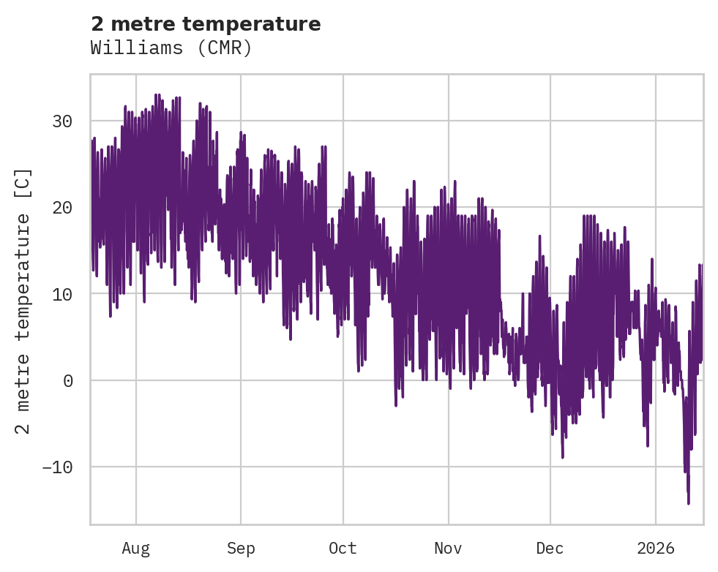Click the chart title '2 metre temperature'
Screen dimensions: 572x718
pos(206,24)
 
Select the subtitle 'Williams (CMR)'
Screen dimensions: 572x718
pos(171,48)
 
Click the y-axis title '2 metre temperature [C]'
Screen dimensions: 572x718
pos(23,301)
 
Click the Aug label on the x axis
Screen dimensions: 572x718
pos(135,547)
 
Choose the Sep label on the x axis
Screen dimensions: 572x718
pos(241,547)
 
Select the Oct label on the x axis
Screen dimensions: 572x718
pos(343,547)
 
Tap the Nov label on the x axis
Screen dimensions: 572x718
pos(448,547)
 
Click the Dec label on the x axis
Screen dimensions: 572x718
pos(550,547)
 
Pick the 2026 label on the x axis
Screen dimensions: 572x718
pos(655,547)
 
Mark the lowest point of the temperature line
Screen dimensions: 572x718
pos(689,503)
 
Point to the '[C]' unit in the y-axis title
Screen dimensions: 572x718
pos(23,184)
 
